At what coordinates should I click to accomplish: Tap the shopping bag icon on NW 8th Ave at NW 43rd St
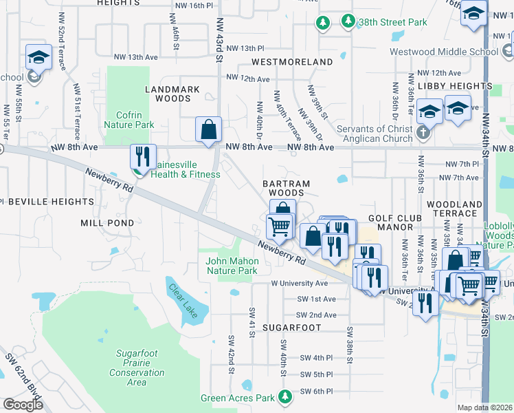pyautogui.click(x=208, y=129)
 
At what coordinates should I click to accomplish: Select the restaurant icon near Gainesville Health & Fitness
pyautogui.click(x=143, y=156)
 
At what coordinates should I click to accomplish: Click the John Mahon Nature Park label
pyautogui.click(x=232, y=266)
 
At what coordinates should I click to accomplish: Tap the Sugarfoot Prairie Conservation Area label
pyautogui.click(x=137, y=368)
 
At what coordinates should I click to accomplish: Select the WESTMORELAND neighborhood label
pyautogui.click(x=282, y=62)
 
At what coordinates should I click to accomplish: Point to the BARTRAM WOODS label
pyautogui.click(x=287, y=189)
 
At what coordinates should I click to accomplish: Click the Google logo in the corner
pyautogui.click(x=23, y=405)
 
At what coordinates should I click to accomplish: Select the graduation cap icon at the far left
pyautogui.click(x=38, y=57)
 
